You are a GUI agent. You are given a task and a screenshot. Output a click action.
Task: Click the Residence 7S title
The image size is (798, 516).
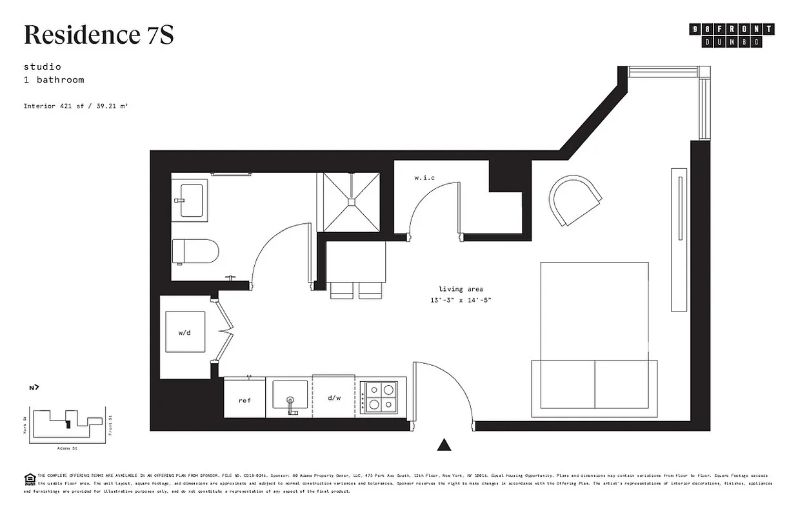(99, 35)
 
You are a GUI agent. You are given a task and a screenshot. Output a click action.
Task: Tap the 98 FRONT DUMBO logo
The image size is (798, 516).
(732, 35)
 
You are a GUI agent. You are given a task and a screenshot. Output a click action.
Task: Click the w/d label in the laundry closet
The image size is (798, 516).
(185, 333)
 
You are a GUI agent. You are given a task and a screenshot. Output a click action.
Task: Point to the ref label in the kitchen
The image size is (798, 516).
(244, 401)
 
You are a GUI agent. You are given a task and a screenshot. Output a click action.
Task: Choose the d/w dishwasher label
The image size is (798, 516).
(334, 398)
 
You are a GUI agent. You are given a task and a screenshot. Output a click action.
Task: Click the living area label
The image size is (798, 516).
(461, 289)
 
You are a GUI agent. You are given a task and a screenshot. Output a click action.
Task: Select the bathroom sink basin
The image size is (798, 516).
(191, 200)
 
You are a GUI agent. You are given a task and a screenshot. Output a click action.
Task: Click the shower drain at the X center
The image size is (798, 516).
(352, 202)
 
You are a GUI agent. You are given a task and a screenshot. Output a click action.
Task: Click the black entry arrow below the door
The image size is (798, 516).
(443, 444)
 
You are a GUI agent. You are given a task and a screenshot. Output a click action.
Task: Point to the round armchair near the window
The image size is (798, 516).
(575, 201)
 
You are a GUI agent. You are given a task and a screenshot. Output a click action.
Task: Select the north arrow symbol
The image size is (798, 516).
(34, 388)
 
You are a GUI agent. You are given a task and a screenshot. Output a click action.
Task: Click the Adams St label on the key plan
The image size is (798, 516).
(66, 447)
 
